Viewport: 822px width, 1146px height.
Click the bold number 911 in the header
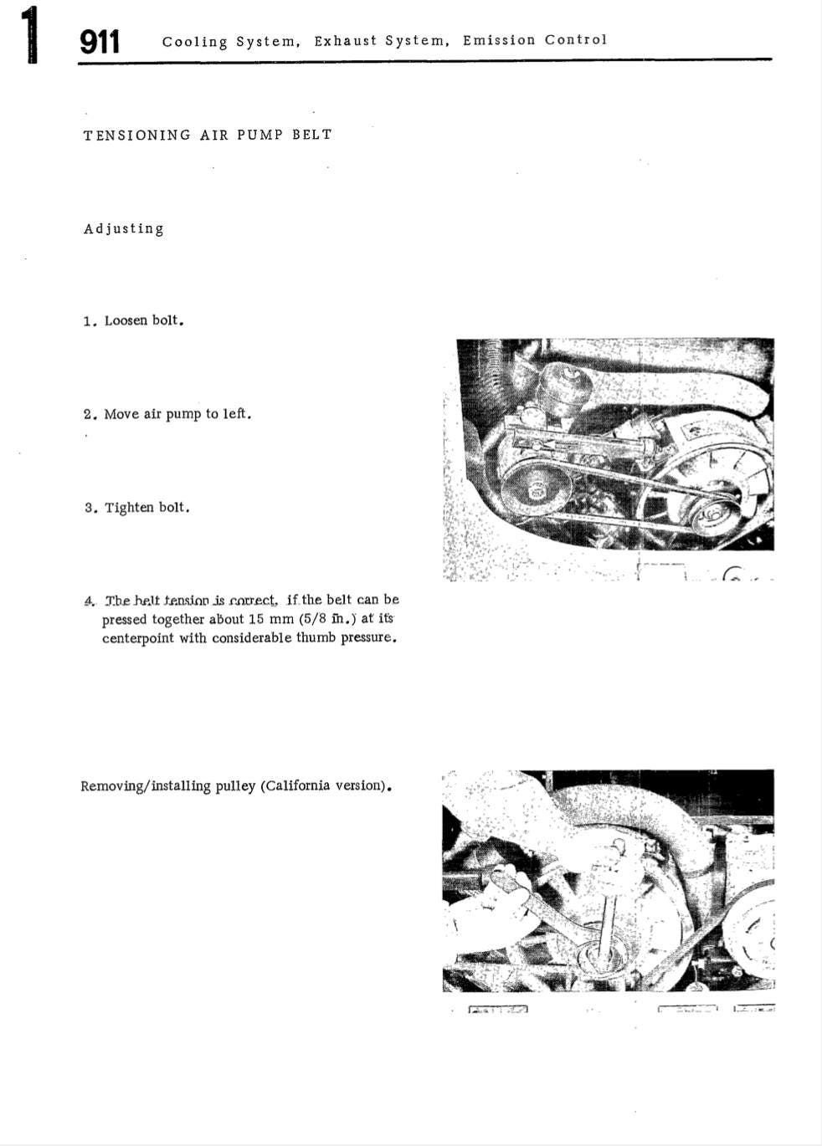(x=100, y=42)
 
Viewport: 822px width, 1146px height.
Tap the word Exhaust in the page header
(x=346, y=41)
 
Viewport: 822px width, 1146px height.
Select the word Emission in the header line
(x=499, y=40)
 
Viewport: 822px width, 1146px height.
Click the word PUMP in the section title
(x=259, y=135)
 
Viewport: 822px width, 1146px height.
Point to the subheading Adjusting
(x=123, y=228)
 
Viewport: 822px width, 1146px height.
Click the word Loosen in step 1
(x=126, y=320)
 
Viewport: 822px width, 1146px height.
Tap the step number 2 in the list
(x=88, y=414)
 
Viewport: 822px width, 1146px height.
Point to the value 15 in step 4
(x=256, y=619)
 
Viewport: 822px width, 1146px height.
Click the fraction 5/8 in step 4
(x=315, y=619)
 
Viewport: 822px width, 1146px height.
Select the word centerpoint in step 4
(x=138, y=637)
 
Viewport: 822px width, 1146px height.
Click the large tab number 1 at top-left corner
(x=29, y=35)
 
